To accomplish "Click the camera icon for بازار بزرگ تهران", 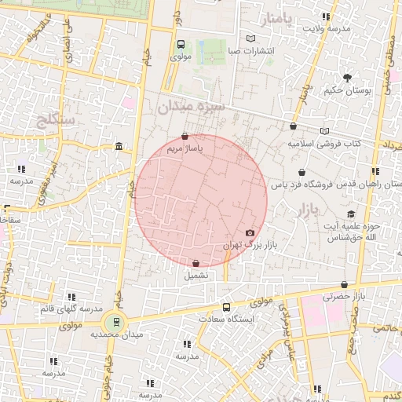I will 250,232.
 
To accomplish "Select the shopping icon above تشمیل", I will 196,263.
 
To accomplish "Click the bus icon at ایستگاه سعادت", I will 227,307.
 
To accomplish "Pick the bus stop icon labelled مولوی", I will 181,45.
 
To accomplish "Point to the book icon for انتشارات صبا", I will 250,38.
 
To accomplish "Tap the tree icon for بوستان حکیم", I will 348,77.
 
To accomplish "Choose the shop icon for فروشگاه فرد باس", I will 302,172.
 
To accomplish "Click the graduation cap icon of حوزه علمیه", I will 353,214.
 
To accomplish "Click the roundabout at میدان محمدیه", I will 115,321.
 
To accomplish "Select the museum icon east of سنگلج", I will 118,147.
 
